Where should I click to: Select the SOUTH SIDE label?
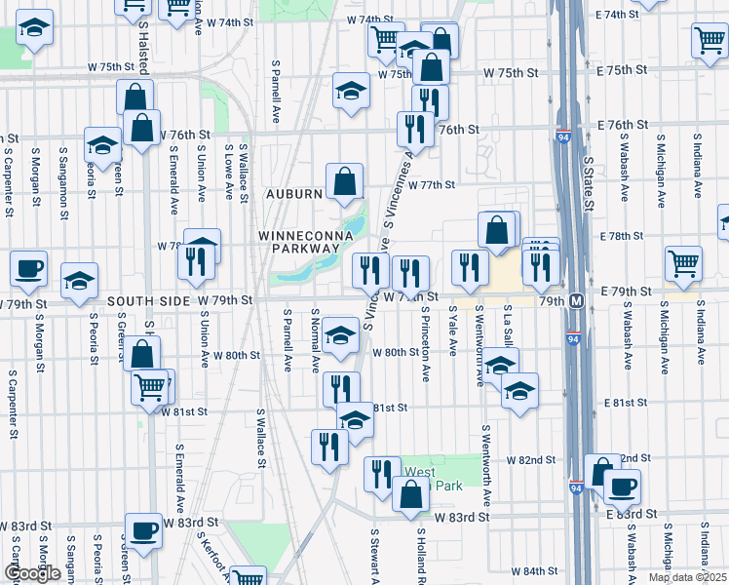click(146, 301)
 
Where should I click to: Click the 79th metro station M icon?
click(577, 301)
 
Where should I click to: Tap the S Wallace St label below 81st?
click(260, 438)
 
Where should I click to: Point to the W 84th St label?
click(531, 570)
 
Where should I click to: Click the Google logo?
click(33, 573)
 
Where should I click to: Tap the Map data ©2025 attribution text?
click(687, 577)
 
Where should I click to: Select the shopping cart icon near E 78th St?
click(684, 261)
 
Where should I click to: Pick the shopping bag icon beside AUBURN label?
click(345, 180)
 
